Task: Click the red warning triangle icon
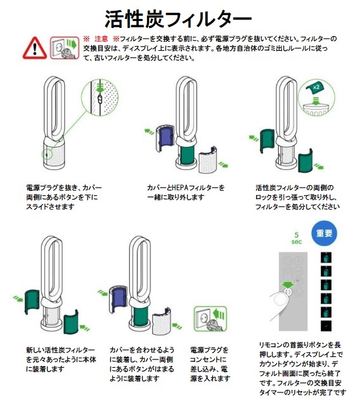34,48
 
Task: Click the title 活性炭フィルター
178,19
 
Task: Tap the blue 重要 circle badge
324,233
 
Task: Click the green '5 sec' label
297,238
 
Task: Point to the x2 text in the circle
316,87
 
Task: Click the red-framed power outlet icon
65,48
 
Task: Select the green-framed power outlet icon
210,319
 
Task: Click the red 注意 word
101,39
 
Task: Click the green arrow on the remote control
288,285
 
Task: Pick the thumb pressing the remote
279,305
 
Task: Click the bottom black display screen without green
326,325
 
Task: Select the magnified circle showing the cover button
100,97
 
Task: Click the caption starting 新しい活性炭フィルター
61,359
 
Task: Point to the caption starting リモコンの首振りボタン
302,368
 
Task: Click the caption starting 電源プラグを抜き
64,197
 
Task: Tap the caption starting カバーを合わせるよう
142,364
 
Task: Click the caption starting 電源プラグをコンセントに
210,364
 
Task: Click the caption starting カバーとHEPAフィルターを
186,192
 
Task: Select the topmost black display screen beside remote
326,257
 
